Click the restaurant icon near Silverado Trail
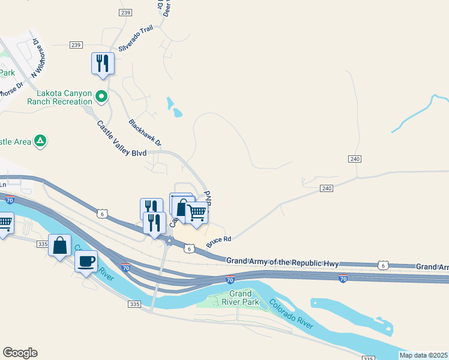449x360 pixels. point(102,63)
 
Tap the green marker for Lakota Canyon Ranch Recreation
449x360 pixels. point(102,95)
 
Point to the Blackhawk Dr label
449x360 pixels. point(145,133)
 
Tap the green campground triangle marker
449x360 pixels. point(40,140)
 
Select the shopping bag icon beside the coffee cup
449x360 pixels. point(59,245)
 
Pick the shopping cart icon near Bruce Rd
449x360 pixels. point(197,213)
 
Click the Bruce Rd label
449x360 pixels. point(218,242)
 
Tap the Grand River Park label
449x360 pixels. point(244,298)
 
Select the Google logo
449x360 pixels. point(20,353)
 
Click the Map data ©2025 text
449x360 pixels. point(423,355)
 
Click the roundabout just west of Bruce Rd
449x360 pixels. point(170,241)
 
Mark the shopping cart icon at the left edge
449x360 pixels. point(5,223)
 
